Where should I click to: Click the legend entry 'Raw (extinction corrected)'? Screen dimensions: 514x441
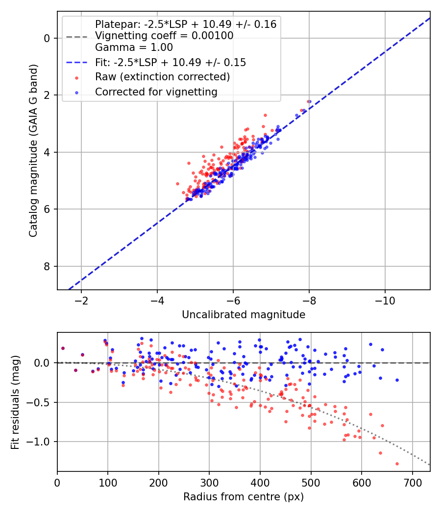pos(162,77)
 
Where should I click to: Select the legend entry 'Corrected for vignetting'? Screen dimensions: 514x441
pos(156,92)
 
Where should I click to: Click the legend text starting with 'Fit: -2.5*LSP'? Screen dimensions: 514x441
pos(171,62)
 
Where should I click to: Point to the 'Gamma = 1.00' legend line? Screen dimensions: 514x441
pos(134,47)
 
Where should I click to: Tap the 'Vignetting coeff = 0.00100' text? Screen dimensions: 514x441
pos(164,36)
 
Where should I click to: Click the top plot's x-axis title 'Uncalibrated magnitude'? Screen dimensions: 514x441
pos(244,315)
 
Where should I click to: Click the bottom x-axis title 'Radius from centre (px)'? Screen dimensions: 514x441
pos(244,497)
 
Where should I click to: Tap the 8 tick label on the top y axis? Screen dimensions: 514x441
pos(47,266)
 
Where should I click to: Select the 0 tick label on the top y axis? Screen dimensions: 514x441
pos(47,38)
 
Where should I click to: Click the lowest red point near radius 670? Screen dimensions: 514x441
pos(397,464)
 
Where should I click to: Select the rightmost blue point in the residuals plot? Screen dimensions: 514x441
pos(397,380)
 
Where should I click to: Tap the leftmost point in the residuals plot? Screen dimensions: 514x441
pos(63,348)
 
